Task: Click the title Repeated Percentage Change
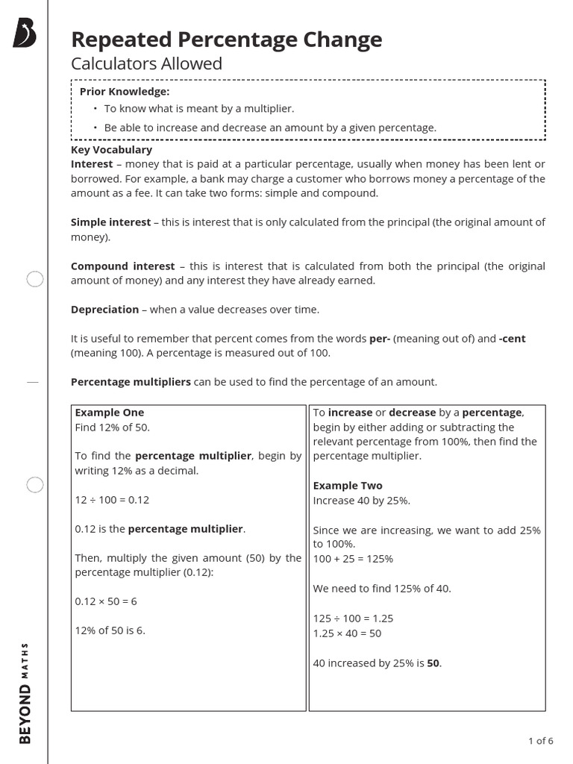(x=226, y=40)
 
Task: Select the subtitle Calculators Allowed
(x=146, y=64)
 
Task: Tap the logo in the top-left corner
(x=25, y=34)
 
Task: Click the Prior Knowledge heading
(x=125, y=92)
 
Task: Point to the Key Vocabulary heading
(x=111, y=150)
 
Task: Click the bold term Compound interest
(x=122, y=266)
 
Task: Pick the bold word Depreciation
(x=104, y=310)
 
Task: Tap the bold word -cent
(x=512, y=339)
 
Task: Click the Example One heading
(x=110, y=413)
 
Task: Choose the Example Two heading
(x=348, y=486)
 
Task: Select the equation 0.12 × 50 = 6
(x=106, y=601)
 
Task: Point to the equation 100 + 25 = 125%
(x=353, y=559)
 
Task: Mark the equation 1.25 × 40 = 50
(x=347, y=633)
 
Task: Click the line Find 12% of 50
(x=112, y=428)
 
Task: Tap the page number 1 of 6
(x=540, y=741)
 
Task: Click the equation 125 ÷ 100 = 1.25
(x=353, y=619)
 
